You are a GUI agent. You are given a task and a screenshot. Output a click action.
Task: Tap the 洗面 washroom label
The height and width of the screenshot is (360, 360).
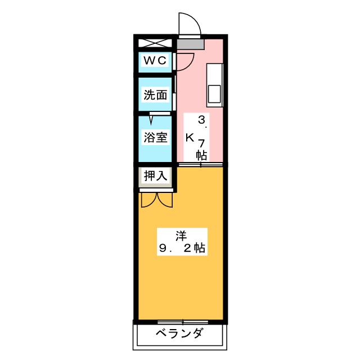coord(155,95)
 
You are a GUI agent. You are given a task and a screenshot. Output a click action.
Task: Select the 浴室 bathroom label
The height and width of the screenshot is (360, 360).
coord(155,137)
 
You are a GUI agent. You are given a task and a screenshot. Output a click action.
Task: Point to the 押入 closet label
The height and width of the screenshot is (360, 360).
coord(155,175)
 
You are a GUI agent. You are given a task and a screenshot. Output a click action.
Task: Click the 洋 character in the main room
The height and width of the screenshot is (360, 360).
coord(179,235)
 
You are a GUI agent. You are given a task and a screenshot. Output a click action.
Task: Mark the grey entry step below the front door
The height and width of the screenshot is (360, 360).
coord(190,43)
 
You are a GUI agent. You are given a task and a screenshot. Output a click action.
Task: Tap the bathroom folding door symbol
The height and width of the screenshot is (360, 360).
coord(152,117)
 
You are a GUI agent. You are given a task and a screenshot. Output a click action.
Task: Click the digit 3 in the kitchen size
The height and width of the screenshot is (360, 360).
coord(201,119)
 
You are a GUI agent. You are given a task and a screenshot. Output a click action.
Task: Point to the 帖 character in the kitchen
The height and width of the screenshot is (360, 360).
coord(201,156)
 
